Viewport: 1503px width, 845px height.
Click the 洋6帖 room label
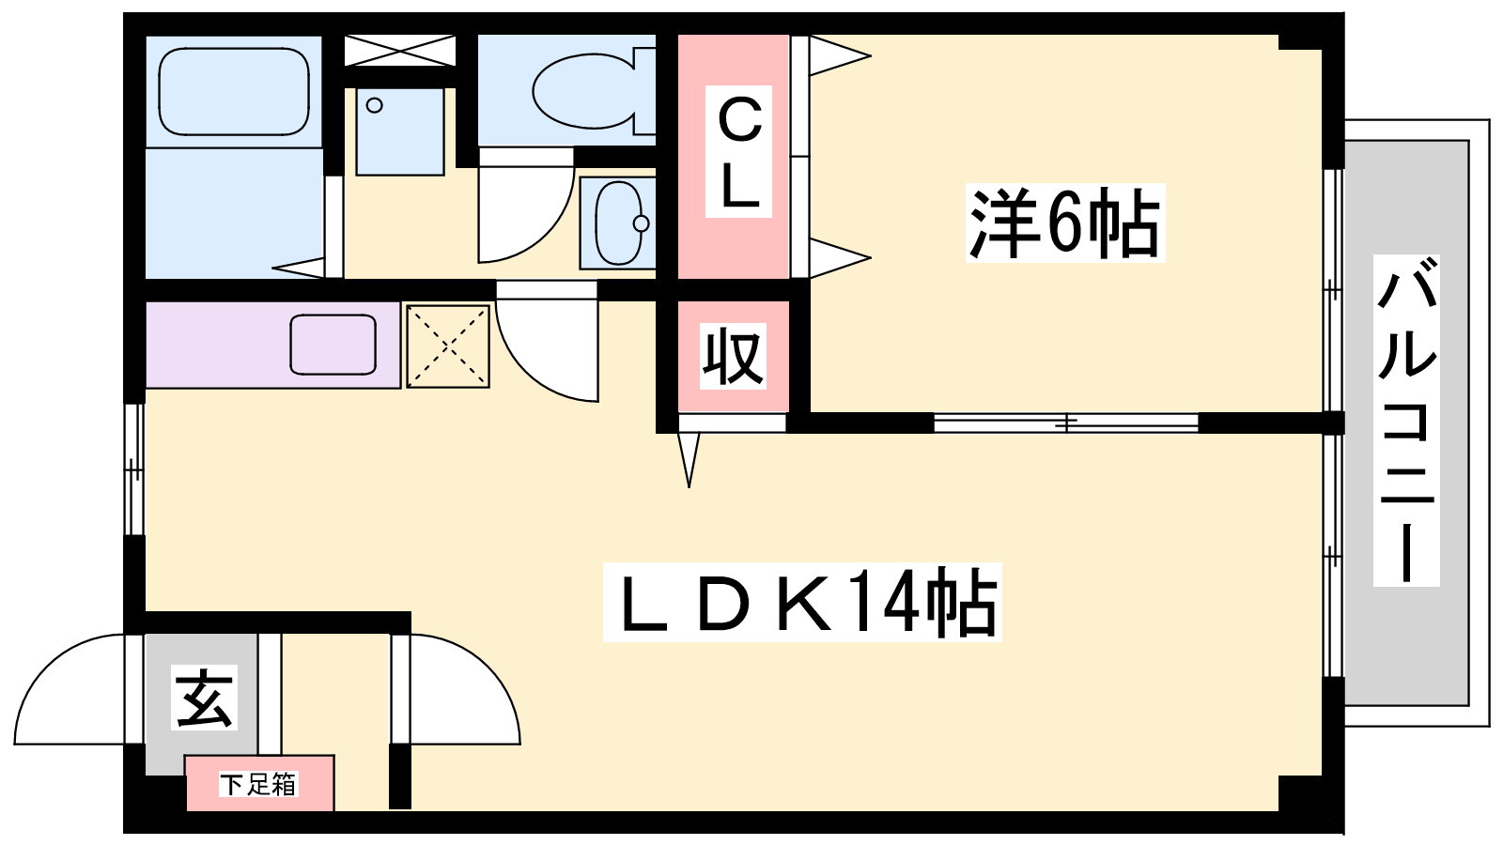click(1065, 223)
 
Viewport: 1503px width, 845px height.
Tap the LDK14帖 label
click(802, 602)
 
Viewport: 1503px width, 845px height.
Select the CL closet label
click(738, 151)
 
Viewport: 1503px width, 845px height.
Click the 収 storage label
click(733, 356)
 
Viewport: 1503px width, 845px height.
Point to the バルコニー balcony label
click(1405, 421)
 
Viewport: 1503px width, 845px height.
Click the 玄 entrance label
click(204, 698)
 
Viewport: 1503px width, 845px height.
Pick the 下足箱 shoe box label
click(258, 784)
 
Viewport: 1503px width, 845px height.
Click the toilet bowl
click(593, 90)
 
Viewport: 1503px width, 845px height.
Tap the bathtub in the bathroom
click(234, 91)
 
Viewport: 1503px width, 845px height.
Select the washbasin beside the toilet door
click(618, 223)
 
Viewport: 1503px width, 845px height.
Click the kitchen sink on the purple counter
click(333, 345)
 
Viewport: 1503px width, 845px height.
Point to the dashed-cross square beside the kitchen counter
click(447, 346)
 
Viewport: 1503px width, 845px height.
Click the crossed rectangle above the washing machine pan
click(400, 51)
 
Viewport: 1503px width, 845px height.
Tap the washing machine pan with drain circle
click(400, 132)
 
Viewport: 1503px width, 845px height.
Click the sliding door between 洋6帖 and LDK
click(1066, 422)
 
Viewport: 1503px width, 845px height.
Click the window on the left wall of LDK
click(134, 469)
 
